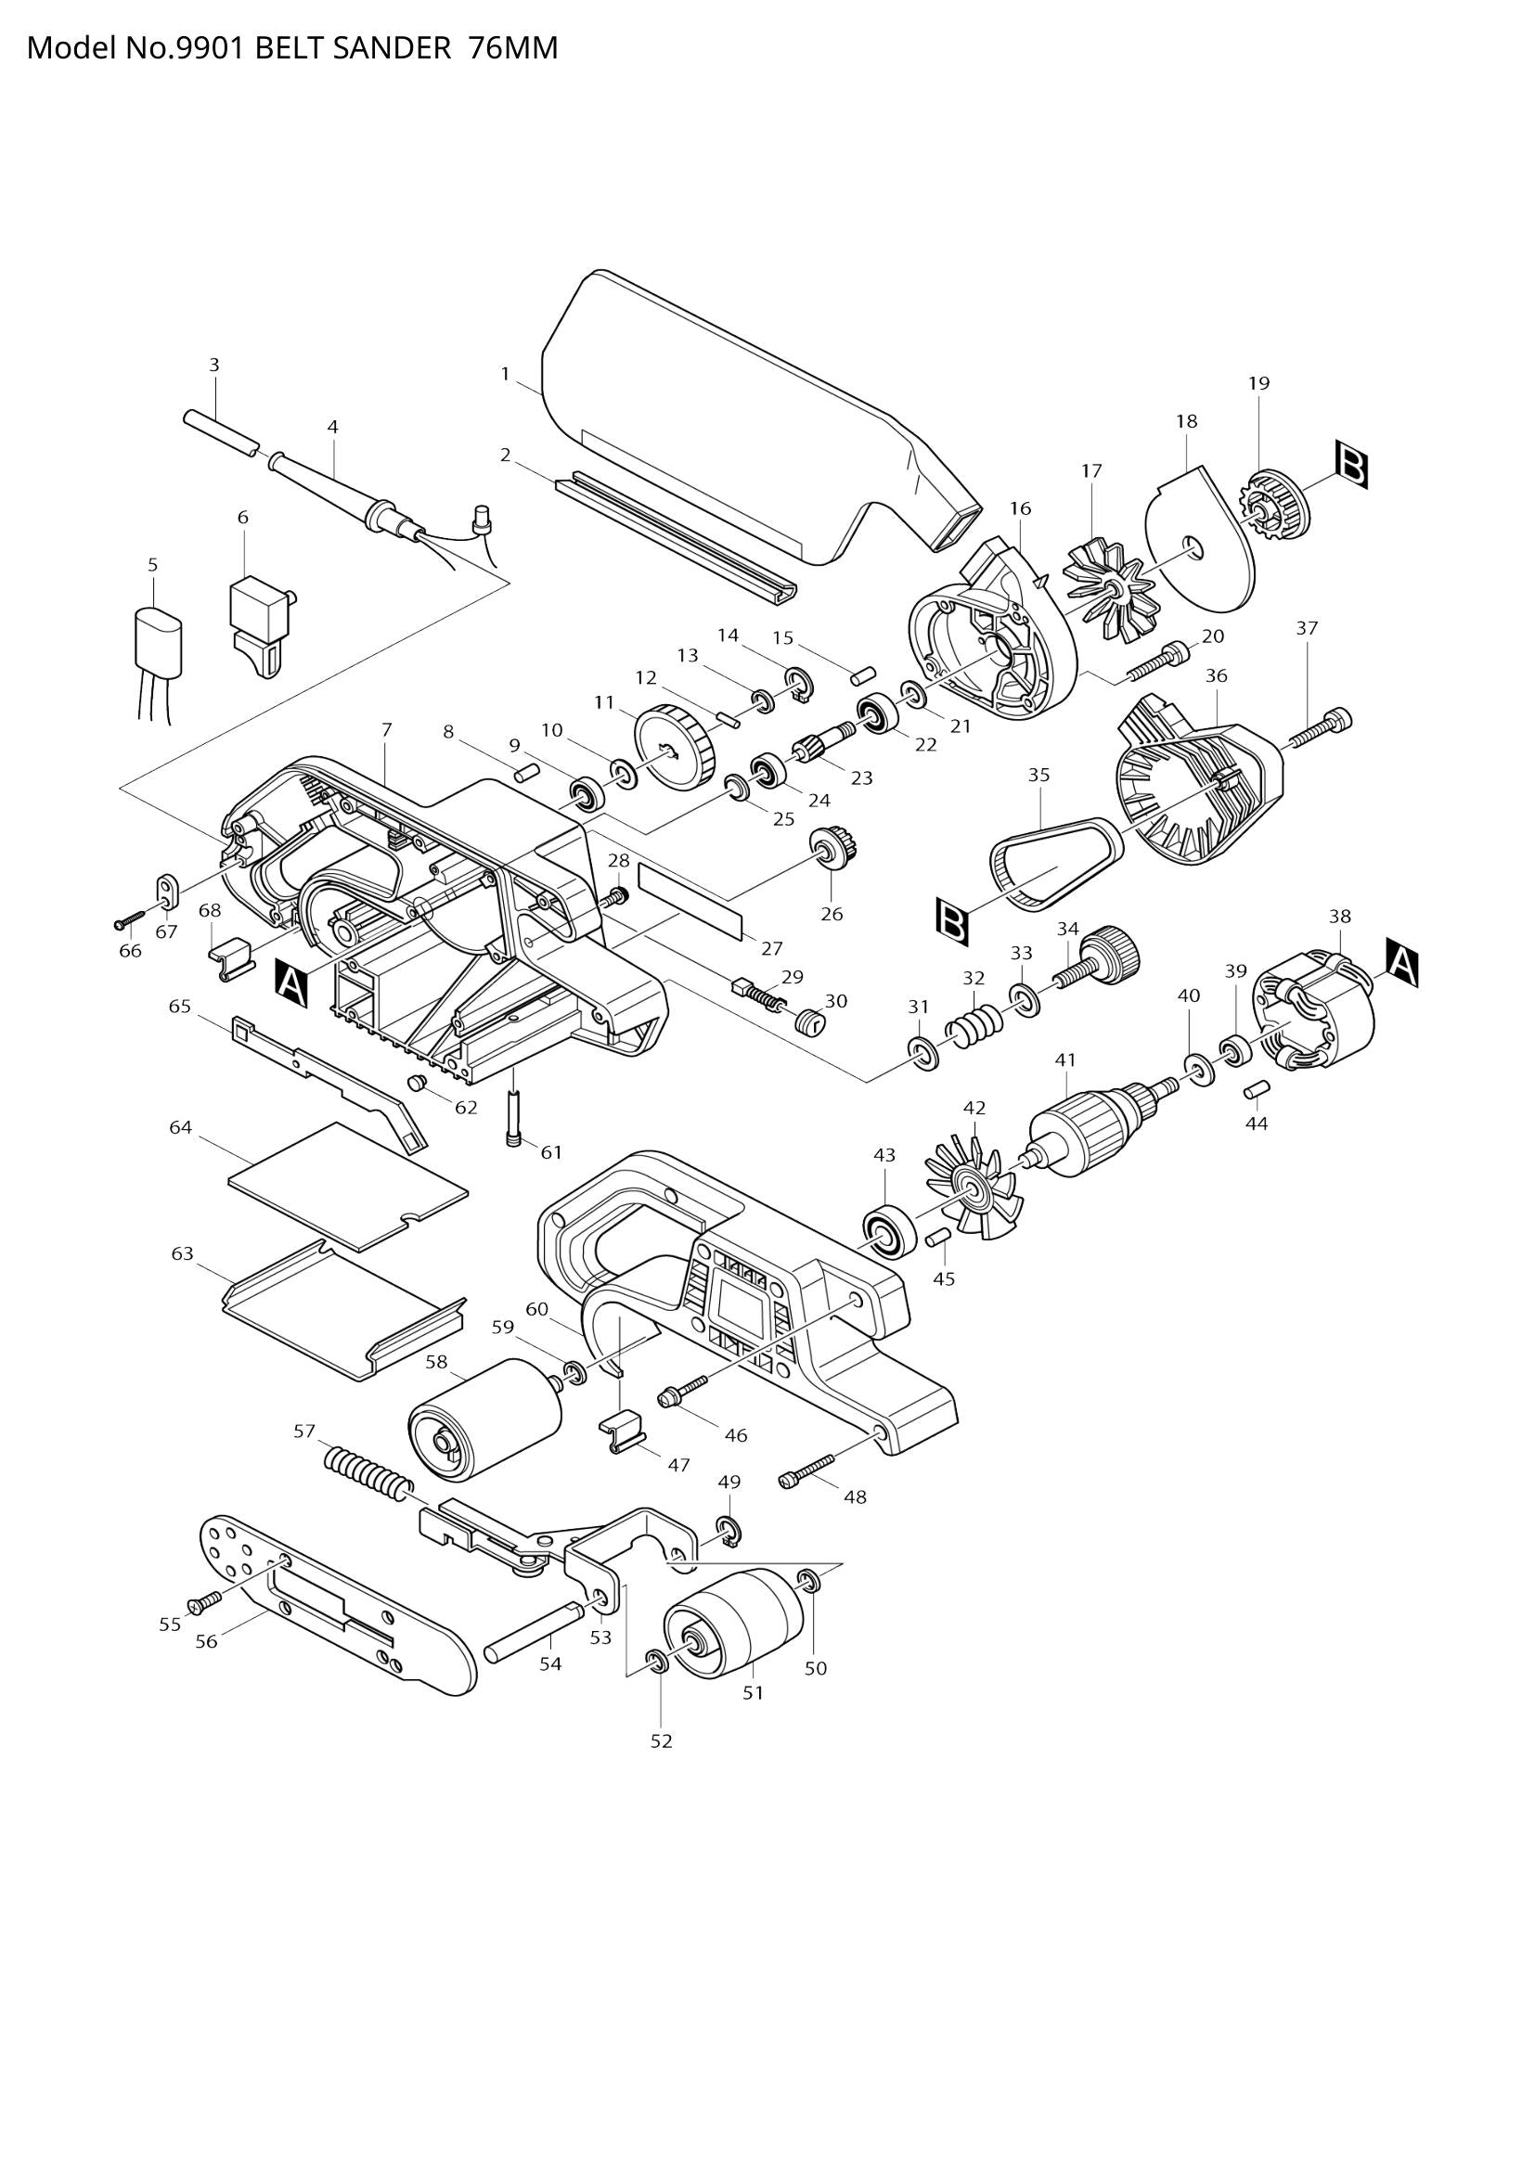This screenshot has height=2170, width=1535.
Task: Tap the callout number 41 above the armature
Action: coord(1065,1060)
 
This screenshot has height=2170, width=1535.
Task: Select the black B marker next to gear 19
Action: coord(1351,463)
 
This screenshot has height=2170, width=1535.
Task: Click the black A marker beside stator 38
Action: coord(1402,964)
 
